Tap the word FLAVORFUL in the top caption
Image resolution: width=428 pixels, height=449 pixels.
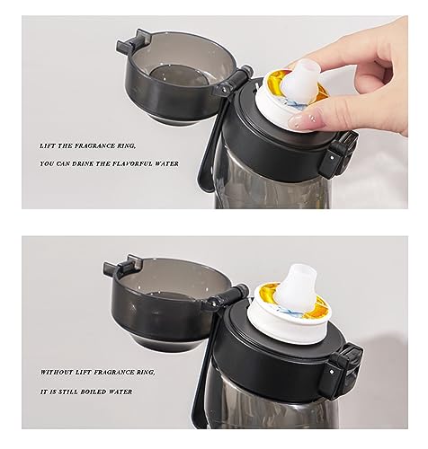click(137, 163)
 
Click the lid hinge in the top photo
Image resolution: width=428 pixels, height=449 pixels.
click(233, 82)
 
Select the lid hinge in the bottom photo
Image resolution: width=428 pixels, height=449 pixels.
click(227, 299)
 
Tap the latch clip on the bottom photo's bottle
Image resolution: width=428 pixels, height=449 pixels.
click(344, 369)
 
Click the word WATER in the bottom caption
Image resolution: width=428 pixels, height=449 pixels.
click(120, 392)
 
